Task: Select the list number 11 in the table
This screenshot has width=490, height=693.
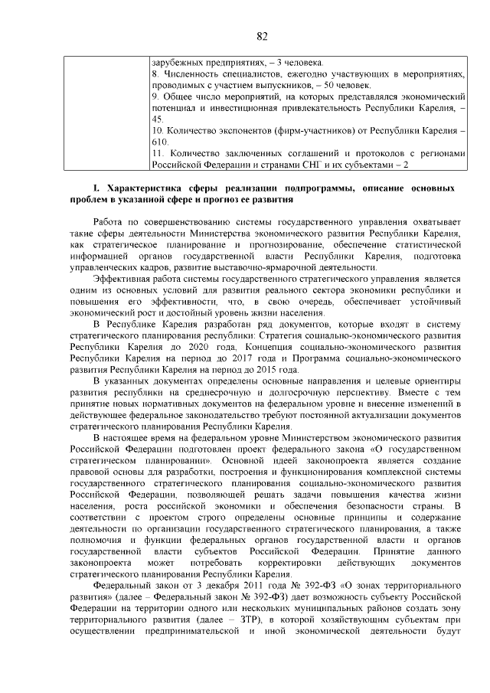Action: [157, 153]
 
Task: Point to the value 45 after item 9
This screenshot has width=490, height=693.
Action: [157, 120]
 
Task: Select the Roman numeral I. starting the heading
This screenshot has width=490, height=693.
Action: [96, 187]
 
